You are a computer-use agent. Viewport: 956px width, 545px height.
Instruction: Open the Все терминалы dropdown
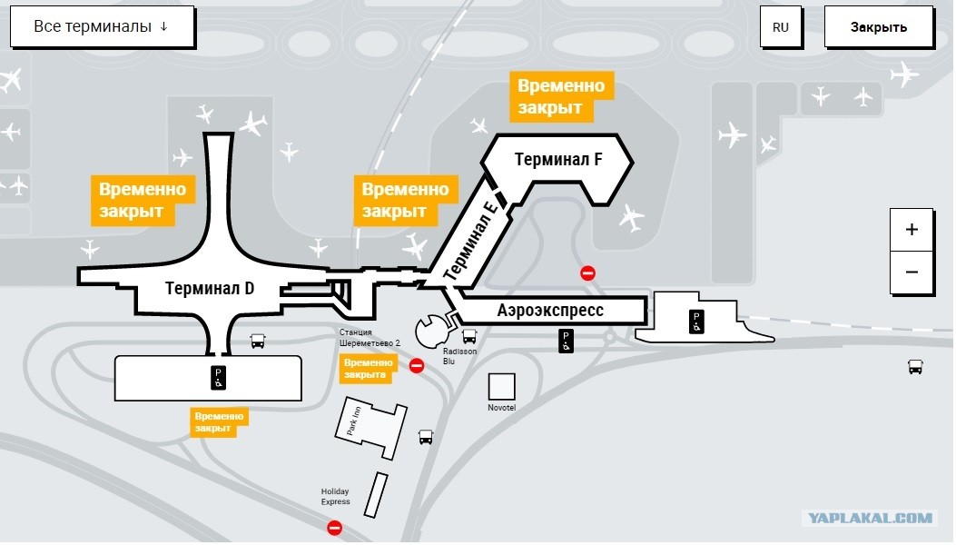[x=103, y=27]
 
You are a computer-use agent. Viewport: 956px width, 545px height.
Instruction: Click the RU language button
[x=781, y=27]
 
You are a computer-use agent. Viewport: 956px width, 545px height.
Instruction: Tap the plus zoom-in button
[x=912, y=230]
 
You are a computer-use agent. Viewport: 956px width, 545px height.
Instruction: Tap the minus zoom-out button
[x=912, y=272]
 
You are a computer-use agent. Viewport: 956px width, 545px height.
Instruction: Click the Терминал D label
[x=209, y=288]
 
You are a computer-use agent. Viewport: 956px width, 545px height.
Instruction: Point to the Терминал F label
[x=557, y=159]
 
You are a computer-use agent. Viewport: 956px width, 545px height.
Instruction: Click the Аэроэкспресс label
[x=550, y=310]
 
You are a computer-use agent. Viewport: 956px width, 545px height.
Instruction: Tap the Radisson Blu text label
[x=459, y=356]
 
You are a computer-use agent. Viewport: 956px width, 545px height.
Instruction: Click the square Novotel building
[x=501, y=387]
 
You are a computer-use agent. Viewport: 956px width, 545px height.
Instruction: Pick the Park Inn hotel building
[x=370, y=427]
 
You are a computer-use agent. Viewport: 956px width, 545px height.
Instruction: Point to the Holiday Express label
[x=335, y=496]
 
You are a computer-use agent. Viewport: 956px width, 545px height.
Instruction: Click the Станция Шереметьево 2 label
[x=370, y=338]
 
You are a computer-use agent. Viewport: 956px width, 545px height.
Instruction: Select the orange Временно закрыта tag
[x=367, y=369]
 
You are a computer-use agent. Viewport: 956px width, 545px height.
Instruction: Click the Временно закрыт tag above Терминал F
[x=560, y=96]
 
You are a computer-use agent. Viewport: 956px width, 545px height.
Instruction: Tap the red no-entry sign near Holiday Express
[x=334, y=528]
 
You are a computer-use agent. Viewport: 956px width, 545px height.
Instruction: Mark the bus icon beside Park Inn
[x=426, y=437]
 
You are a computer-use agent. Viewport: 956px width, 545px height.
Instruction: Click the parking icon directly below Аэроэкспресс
[x=566, y=342]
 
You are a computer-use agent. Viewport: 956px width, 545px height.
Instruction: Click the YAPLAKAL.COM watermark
[x=870, y=518]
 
